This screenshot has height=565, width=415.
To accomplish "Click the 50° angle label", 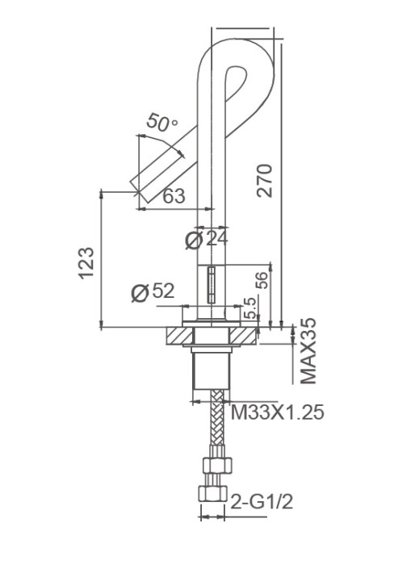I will (x=162, y=123).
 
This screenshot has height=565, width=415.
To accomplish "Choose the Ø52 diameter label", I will (x=153, y=292).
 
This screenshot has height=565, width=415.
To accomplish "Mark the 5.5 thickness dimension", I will (x=250, y=308).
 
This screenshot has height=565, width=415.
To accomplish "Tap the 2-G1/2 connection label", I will (x=262, y=501).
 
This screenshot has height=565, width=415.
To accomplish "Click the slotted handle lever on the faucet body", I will (x=212, y=284).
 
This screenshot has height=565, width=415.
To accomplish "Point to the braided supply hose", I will (x=215, y=425).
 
